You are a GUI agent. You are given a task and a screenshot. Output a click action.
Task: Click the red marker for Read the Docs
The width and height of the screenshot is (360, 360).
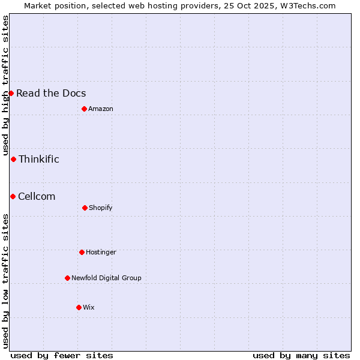11,93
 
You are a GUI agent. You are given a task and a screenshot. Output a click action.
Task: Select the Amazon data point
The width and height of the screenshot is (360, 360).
84,109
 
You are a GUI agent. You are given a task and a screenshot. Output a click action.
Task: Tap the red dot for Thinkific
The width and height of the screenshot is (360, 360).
13,159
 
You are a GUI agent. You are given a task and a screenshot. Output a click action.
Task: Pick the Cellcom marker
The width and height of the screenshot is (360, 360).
13,196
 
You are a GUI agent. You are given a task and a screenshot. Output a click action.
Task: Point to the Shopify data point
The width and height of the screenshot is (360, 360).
85,208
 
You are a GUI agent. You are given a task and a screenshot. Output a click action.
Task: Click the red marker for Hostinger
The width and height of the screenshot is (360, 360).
82,252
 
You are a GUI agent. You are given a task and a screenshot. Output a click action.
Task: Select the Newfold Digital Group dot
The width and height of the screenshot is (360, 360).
67,278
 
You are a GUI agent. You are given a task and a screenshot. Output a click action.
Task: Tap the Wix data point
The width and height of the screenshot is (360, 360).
79,307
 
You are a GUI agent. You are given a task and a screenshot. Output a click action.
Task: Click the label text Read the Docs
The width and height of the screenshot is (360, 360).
51,93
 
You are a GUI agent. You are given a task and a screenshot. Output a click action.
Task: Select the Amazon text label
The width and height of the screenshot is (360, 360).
101,109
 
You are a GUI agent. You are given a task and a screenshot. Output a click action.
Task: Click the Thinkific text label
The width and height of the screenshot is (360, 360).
39,159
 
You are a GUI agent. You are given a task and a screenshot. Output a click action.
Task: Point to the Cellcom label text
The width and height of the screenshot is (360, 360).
37,196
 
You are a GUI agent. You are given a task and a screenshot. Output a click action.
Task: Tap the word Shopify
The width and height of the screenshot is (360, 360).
101,208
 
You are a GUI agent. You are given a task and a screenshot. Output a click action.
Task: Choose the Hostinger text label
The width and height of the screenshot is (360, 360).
101,252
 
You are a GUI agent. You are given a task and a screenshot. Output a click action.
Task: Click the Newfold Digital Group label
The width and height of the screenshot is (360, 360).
106,278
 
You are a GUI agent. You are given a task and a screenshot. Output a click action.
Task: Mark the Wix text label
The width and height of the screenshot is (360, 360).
89,307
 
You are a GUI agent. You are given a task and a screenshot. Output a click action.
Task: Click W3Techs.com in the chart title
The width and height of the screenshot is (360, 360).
306,5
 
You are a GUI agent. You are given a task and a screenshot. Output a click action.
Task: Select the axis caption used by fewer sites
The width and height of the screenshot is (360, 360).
62,355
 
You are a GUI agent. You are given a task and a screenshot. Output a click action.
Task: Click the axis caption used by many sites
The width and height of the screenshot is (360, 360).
301,355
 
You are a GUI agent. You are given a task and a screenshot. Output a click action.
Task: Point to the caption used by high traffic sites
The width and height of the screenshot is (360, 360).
5,85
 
